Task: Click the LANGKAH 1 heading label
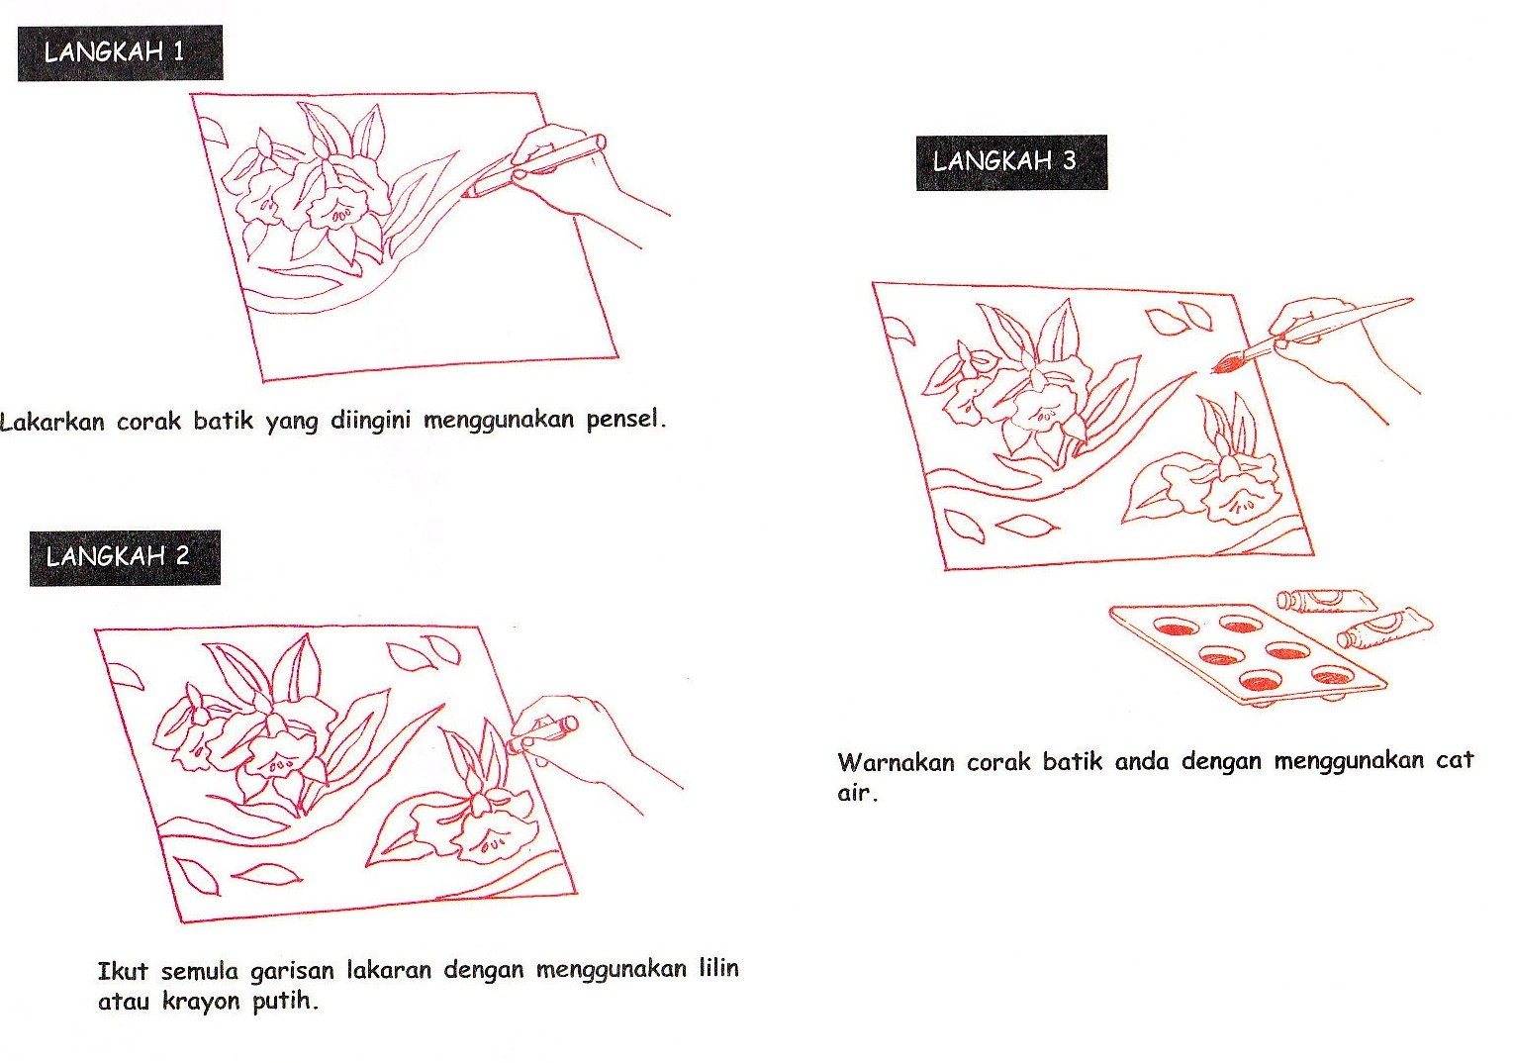coord(121,52)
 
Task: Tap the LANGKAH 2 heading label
coord(125,557)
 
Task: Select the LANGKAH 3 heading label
coord(1012,162)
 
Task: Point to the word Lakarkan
coord(52,422)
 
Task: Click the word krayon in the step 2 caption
coord(201,1001)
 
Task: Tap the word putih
coord(285,1001)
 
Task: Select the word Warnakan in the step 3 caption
coord(896,762)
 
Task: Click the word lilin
coord(719,968)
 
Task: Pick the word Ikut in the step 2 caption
coord(123,971)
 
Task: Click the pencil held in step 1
coord(533,166)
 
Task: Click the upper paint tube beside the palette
coord(1326,601)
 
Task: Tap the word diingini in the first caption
coord(370,421)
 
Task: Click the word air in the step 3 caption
coord(857,792)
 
